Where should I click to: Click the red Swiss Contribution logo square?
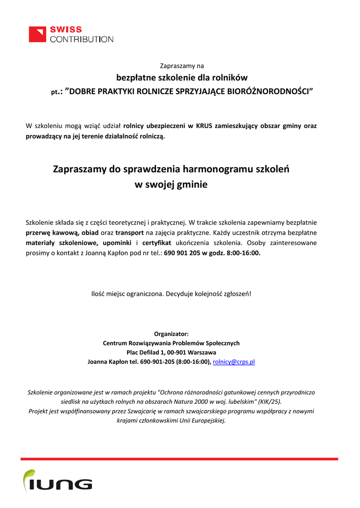pyautogui.click(x=37, y=34)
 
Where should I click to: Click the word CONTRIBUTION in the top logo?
pyautogui.click(x=81, y=39)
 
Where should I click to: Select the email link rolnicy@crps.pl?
pyautogui.click(x=233, y=362)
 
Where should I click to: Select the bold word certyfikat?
pyautogui.click(x=156, y=243)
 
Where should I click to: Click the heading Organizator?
pyautogui.click(x=171, y=334)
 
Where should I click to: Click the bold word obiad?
pyautogui.click(x=90, y=233)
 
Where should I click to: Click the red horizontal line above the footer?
pyautogui.click(x=179, y=459)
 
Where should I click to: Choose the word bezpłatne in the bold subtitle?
pyautogui.click(x=136, y=78)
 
